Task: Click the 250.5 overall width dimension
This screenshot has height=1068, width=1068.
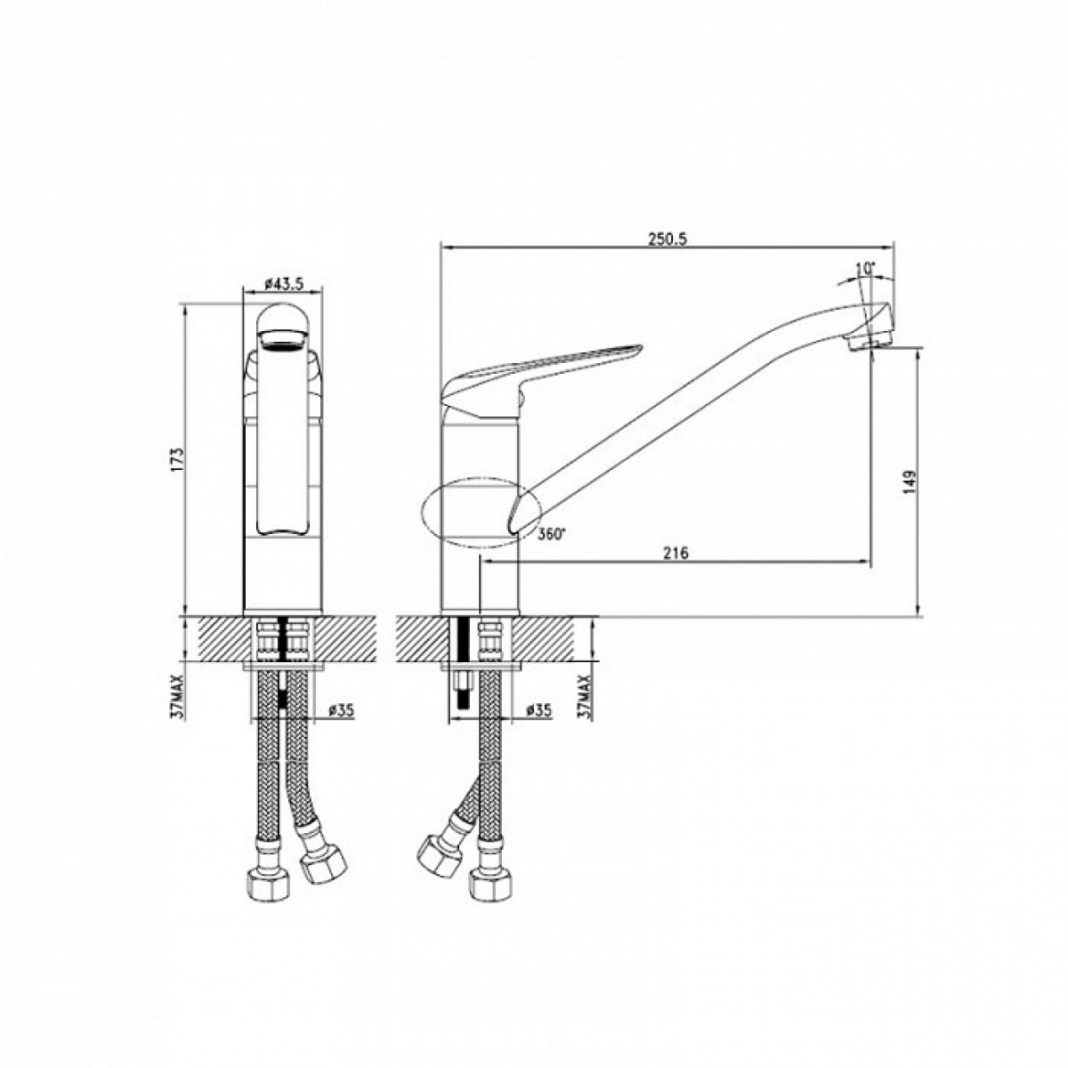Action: pos(667,239)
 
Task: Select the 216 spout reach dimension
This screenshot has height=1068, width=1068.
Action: pos(676,553)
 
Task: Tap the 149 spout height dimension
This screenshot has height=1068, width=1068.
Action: pos(910,482)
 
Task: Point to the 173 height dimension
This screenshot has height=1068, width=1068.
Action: pos(177,459)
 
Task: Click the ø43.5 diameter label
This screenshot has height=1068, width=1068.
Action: pos(284,284)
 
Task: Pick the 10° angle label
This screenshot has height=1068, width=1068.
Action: pos(865,269)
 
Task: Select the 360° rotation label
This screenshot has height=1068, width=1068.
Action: pos(552,534)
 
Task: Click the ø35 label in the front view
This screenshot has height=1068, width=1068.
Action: pos(342,710)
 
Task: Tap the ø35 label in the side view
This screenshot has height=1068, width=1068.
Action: pos(538,710)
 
